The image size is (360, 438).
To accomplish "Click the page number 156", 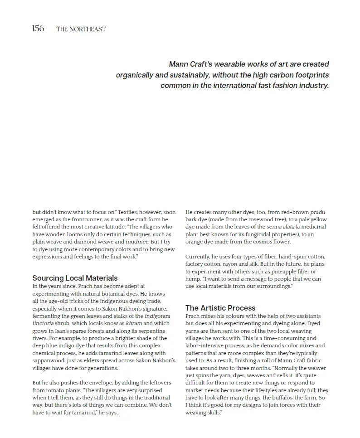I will tap(38, 29).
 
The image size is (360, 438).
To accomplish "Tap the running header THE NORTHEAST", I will tap(81, 29).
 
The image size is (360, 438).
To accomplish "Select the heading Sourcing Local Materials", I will tap(75, 278).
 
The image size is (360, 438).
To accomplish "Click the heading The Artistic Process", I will tap(220, 308).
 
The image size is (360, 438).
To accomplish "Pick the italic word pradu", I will tap(317, 212).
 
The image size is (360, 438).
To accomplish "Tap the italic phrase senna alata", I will tap(280, 227).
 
